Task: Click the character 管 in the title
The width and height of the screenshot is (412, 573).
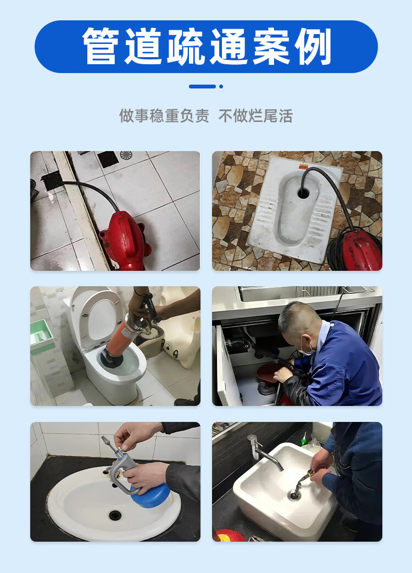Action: click(101, 46)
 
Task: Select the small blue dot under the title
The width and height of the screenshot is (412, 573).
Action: click(221, 87)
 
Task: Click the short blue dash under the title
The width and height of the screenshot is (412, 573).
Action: click(202, 87)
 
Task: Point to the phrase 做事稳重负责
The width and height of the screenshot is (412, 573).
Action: click(164, 116)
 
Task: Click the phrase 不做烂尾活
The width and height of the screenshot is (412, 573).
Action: click(255, 116)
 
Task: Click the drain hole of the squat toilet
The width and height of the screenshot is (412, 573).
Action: click(303, 193)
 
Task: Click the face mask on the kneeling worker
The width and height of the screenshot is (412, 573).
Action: click(305, 347)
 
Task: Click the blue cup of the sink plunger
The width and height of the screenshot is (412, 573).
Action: click(150, 495)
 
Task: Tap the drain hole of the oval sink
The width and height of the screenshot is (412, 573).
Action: click(115, 515)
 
